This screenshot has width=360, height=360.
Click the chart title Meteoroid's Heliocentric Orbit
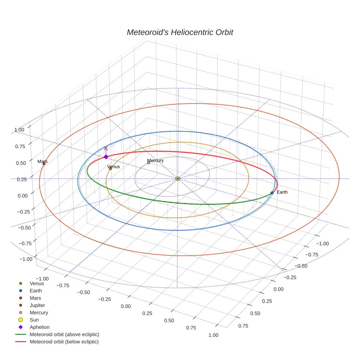[x=180, y=32]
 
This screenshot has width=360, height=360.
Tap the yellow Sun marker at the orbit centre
[x=178, y=179]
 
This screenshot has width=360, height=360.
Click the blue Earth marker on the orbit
[x=272, y=193]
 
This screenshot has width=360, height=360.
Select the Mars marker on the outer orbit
[x=44, y=164]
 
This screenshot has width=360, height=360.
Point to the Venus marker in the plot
[x=110, y=169]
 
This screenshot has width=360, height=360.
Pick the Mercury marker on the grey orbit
[x=149, y=163]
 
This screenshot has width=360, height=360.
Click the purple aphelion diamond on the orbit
[x=106, y=157]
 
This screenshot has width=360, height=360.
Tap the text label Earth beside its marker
[x=282, y=192]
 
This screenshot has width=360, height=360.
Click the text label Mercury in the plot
[x=155, y=160]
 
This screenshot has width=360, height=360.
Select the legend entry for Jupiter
[x=37, y=305]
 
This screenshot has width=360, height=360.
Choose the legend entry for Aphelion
[x=40, y=327]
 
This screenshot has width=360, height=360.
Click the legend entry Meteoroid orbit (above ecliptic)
[x=64, y=334]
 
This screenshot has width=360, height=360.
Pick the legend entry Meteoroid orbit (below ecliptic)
[x=64, y=342]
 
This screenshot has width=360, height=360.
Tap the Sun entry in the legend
[x=34, y=320]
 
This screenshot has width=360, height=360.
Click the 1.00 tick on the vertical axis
[x=19, y=130]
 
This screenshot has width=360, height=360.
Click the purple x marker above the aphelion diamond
[x=106, y=148]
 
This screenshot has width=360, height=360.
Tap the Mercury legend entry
[x=39, y=312]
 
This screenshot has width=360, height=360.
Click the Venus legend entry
[x=37, y=283]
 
